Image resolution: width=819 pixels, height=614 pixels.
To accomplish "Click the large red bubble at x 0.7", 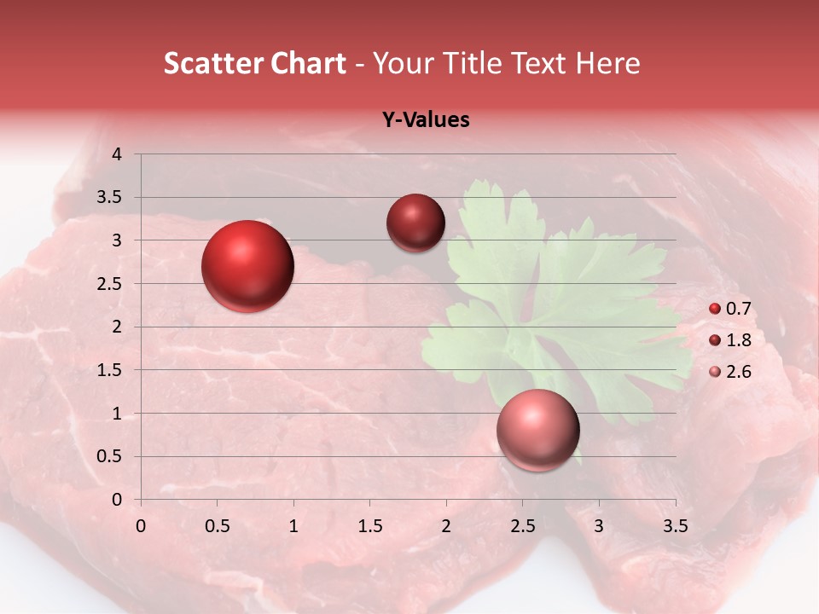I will (x=247, y=266).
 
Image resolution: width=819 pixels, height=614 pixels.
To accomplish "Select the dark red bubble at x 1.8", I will (x=415, y=223).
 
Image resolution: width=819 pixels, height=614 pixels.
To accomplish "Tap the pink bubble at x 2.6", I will (x=537, y=431).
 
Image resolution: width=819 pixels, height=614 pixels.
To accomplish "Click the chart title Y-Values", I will (x=425, y=120).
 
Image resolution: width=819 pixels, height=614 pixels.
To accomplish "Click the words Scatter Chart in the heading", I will (x=255, y=63).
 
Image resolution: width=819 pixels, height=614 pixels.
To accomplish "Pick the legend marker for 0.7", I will (x=715, y=309).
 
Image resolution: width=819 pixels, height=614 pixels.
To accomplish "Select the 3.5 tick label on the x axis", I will (x=675, y=526).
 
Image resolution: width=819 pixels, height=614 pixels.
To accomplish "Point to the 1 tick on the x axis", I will (x=293, y=526).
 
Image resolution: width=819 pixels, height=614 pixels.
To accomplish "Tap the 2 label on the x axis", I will (x=446, y=526).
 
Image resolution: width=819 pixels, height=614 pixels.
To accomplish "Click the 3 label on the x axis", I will (x=599, y=526).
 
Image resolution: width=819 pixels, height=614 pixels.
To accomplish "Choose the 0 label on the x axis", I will (x=141, y=526).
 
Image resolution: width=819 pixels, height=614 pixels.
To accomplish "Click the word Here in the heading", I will (x=607, y=63).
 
